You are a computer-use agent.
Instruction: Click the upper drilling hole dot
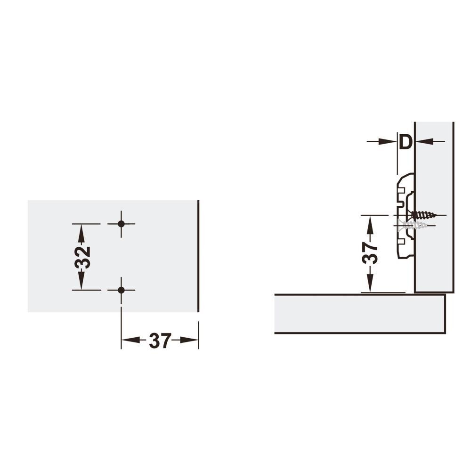coord(121,224)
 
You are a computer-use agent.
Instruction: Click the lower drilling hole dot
coord(121,290)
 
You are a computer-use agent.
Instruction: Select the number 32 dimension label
coord(82,257)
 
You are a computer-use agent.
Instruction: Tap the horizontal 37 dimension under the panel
coord(160,341)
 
